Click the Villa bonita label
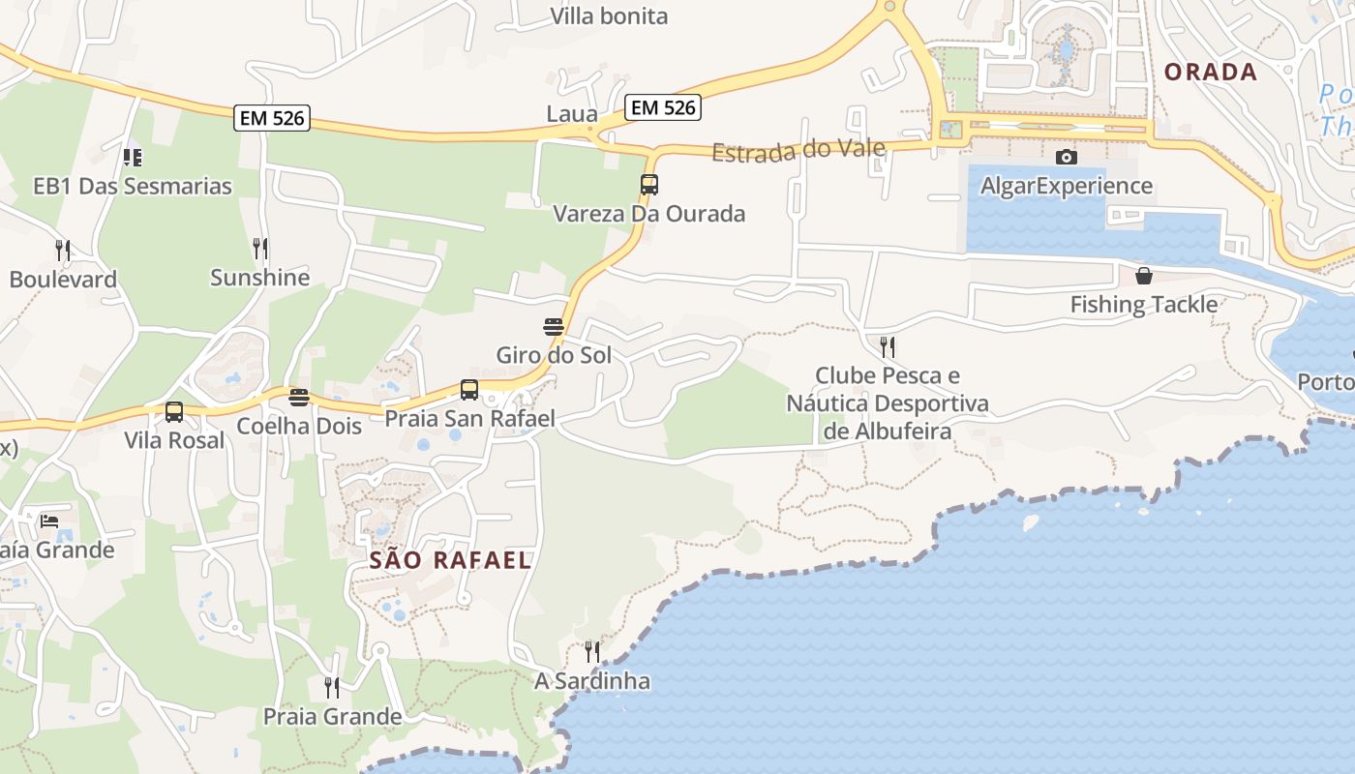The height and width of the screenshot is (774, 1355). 609,16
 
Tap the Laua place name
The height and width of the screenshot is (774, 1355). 572,114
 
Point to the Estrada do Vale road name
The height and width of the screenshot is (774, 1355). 798,150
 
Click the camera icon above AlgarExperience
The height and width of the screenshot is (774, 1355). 1067,157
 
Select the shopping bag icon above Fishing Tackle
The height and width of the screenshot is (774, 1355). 1143,277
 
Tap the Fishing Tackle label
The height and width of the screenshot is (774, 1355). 1143,305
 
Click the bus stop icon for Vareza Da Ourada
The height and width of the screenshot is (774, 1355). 648,184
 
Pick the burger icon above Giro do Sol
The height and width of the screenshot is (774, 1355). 554,327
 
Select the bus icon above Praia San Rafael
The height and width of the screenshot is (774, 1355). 469,390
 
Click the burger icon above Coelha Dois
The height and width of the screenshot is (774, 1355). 299,398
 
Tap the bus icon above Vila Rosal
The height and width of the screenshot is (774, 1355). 174,412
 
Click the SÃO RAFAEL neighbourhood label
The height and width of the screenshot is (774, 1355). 451,560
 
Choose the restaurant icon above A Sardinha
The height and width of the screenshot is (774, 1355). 592,652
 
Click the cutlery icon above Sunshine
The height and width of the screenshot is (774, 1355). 260,249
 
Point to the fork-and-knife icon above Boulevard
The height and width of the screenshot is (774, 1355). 63,251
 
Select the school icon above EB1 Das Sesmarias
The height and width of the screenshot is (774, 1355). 133,157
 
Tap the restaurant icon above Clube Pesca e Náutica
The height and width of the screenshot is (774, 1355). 887,346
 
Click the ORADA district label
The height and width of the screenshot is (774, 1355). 1210,73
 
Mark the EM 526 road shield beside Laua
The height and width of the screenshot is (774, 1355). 663,107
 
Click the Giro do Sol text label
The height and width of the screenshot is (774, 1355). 554,355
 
